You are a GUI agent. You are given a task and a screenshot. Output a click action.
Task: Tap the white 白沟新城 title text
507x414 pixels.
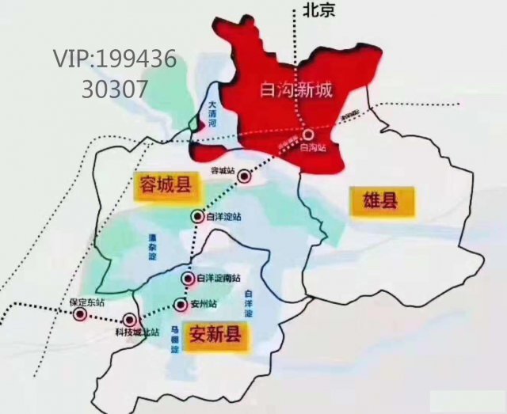point(296,89)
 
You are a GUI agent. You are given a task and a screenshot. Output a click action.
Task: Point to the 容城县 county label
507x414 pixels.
point(164,186)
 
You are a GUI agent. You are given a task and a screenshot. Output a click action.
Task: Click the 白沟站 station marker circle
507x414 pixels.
point(307,134)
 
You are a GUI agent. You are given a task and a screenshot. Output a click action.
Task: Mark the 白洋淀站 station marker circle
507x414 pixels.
point(196,216)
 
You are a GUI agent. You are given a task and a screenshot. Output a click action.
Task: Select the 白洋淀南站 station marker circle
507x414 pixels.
point(188,279)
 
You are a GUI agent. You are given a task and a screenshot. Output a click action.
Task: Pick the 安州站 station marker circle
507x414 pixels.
point(180,304)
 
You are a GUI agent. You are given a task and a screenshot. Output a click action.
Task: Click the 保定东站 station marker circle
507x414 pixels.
point(80,315)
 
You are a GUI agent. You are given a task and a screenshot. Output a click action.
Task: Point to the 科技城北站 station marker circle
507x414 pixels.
point(130,321)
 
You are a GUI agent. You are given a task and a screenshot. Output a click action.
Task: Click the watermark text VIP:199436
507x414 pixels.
point(114,58)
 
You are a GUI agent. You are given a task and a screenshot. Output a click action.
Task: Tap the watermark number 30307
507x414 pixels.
point(114,88)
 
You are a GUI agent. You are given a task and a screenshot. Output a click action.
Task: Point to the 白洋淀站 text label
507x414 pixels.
point(223,216)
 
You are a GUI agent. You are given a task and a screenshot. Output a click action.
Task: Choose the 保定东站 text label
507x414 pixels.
point(86,302)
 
